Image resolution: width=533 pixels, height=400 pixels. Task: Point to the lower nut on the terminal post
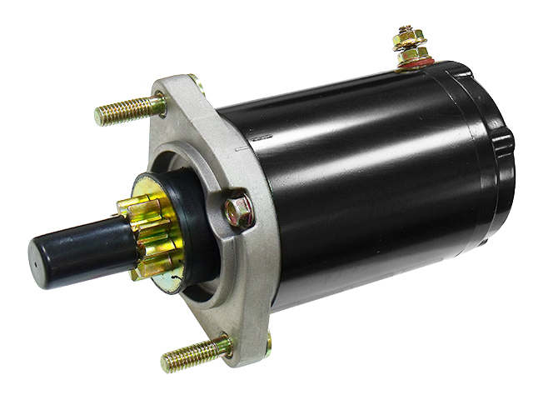click(x=411, y=52)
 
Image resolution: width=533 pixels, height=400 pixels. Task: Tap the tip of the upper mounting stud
click(x=99, y=116)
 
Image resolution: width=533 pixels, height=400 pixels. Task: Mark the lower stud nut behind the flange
click(x=269, y=339)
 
